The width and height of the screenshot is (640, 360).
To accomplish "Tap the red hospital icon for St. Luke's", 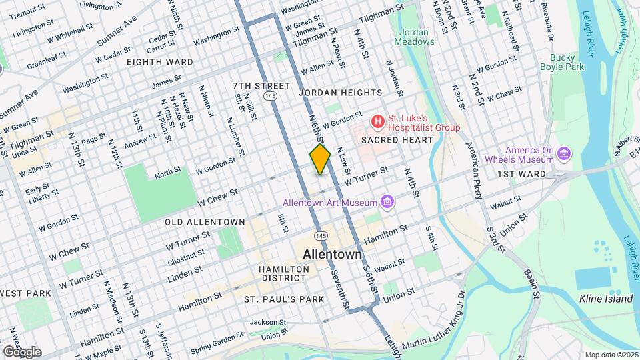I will click(378, 121).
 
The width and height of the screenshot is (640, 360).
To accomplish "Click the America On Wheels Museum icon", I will click(565, 155).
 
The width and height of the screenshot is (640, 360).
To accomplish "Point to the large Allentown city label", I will click(332, 254).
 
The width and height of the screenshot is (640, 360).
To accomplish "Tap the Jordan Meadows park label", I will click(417, 37).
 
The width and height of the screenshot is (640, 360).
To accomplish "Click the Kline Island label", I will click(605, 299).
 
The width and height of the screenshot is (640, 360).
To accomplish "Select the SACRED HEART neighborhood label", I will click(397, 140).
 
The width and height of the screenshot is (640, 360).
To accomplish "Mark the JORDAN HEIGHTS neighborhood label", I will click(341, 93).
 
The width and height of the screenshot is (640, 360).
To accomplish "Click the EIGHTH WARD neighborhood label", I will click(161, 62).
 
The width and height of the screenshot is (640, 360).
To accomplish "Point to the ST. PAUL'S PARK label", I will click(284, 299).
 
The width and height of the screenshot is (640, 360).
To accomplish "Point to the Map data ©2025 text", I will click(610, 354).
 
